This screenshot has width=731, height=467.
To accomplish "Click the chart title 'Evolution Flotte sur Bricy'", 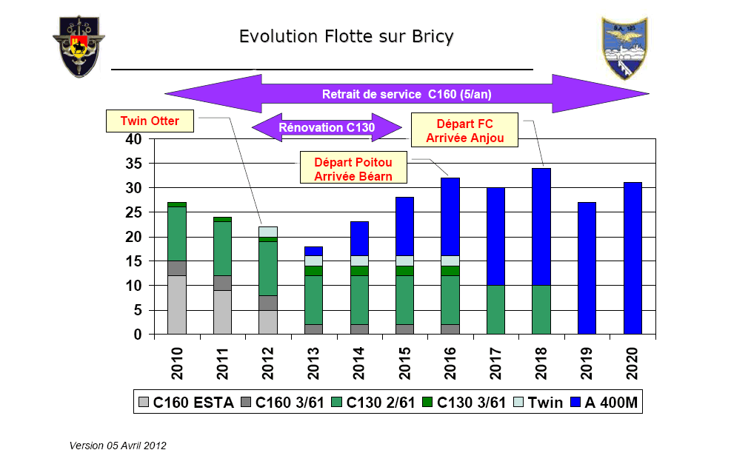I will point(346,36).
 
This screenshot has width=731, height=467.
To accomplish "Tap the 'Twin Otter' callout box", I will point(150,121).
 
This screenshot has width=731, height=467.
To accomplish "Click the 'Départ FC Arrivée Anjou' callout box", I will point(466,130).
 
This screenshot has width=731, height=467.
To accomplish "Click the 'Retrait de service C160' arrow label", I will point(407,94).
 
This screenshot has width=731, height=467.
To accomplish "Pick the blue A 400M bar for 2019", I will point(587,268).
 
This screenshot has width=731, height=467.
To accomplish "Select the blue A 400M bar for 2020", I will point(632,258).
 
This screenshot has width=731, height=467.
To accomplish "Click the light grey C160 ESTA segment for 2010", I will point(176,305).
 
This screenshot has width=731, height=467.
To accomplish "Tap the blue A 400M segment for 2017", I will point(495,236).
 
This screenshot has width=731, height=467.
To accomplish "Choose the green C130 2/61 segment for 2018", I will point(541,309).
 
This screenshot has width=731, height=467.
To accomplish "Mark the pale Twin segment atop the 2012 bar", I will point(268,232).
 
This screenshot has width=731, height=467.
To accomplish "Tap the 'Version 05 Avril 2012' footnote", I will point(118,446).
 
